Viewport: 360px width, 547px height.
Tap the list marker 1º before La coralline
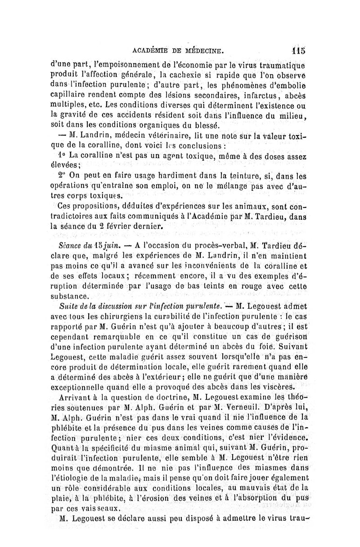coord(62,155)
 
